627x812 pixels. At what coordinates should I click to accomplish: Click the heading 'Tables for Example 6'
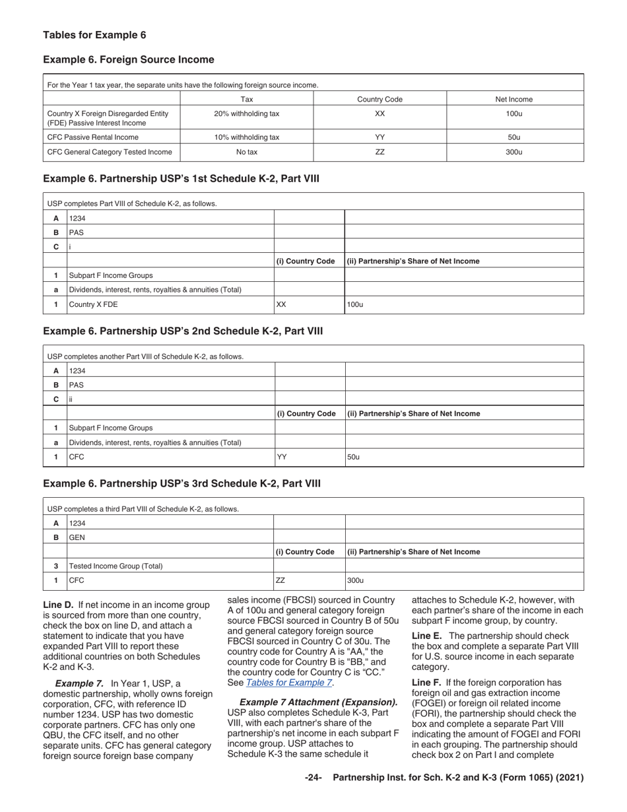94,35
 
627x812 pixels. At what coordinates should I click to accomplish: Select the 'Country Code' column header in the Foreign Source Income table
379,100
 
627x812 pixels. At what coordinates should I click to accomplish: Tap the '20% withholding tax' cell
247,114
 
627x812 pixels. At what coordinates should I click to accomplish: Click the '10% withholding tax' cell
247,137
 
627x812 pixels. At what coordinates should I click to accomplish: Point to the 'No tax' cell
247,152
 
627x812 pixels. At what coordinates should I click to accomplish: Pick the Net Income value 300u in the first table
514,152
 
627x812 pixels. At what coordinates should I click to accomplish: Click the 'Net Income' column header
514,100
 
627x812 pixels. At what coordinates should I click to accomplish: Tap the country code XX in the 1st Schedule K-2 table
281,305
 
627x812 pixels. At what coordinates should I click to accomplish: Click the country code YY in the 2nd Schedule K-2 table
281,457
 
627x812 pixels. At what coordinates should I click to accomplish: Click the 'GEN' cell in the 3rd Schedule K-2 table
77,537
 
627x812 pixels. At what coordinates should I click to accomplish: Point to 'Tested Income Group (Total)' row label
115,566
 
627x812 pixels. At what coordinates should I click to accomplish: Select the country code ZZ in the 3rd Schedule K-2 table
280,581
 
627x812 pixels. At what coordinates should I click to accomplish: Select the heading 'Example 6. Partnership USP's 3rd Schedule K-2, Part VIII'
181,484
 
